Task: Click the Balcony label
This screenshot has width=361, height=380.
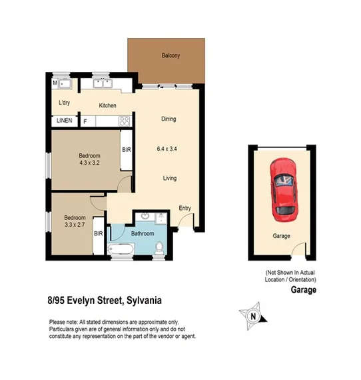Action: (x=171, y=56)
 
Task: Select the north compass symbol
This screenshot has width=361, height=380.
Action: (x=252, y=315)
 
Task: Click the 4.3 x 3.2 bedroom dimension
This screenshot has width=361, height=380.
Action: (x=93, y=163)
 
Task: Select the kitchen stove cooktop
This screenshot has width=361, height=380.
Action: (x=123, y=121)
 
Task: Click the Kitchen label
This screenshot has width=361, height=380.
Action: (x=108, y=106)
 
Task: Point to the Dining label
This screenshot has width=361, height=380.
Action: (x=169, y=119)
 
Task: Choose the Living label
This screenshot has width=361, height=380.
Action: (x=170, y=178)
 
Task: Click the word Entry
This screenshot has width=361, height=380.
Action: (x=184, y=209)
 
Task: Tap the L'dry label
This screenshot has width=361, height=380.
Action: (x=65, y=103)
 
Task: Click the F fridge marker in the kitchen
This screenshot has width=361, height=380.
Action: (x=85, y=121)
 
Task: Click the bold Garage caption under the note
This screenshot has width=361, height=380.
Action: (x=303, y=290)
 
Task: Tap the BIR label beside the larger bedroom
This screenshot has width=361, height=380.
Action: (x=126, y=151)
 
